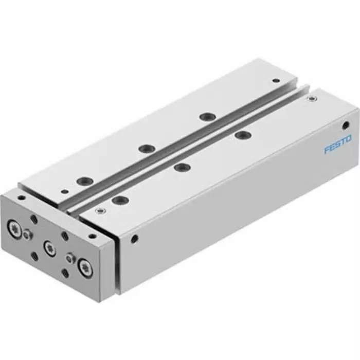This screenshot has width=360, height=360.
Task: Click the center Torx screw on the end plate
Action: (x=49, y=248)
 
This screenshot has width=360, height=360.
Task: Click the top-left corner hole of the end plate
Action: (x=21, y=197)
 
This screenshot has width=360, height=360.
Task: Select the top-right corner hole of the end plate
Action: (x=93, y=236)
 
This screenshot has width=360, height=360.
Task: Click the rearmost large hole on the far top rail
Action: (x=207, y=117)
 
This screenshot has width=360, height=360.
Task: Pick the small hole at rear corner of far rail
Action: (x=276, y=81)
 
